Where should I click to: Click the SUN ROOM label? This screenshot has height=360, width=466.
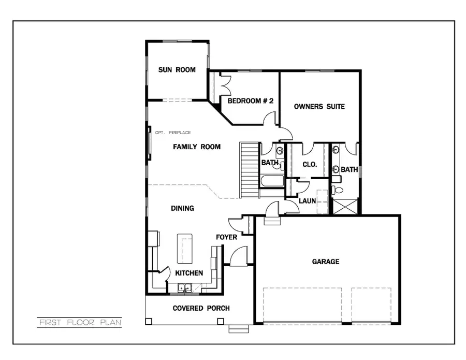(x=177, y=70)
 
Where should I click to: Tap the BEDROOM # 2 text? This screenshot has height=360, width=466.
(x=251, y=100)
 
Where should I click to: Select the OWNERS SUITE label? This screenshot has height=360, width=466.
(x=319, y=107)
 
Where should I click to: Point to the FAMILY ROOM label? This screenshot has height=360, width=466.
(x=196, y=147)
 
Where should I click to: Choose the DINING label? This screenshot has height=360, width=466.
(x=182, y=208)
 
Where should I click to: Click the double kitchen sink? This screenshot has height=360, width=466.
(x=184, y=288)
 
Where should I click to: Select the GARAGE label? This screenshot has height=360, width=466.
(x=326, y=262)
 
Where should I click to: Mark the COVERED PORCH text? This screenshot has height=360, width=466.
(x=201, y=308)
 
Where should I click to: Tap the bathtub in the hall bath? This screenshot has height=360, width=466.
(x=271, y=182)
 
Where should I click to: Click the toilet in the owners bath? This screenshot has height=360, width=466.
(x=336, y=189)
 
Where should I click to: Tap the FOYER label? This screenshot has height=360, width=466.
(x=227, y=237)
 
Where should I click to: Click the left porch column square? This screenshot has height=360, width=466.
(x=149, y=321)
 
